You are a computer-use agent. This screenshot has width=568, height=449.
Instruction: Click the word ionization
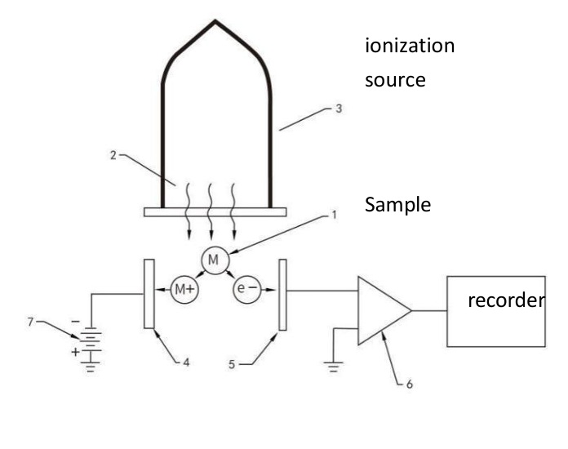(x=410, y=46)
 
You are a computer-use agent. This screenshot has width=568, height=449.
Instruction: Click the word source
(x=395, y=80)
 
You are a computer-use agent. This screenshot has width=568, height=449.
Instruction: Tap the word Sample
(x=397, y=204)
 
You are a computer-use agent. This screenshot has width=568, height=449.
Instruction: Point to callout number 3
(x=339, y=109)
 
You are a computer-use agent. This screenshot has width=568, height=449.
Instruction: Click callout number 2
(x=113, y=155)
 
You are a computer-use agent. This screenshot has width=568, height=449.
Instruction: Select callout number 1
(x=334, y=215)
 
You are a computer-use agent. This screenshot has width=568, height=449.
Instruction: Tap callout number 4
(x=186, y=362)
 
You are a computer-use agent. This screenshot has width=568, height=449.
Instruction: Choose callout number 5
(x=232, y=365)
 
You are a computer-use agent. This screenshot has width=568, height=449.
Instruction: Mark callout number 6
(x=410, y=385)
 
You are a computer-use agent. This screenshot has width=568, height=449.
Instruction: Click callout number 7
(x=30, y=322)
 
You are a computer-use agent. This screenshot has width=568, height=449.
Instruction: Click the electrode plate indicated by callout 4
(x=149, y=294)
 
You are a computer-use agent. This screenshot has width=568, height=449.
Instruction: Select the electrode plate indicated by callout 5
(x=282, y=295)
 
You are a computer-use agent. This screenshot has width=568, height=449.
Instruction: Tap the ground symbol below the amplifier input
(x=333, y=367)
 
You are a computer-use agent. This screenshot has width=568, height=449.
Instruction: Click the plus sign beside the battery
(x=75, y=352)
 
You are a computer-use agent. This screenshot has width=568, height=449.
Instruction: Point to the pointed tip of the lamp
(x=215, y=21)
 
